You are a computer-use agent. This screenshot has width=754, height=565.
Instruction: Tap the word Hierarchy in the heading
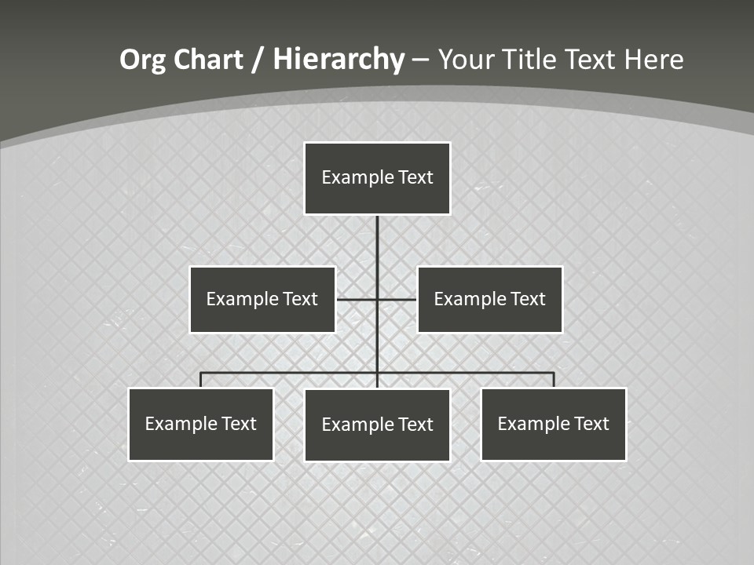click(339, 60)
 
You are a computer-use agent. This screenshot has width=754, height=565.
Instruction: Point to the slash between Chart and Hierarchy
click(258, 60)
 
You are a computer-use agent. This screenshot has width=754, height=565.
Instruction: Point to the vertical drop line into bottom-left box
click(201, 380)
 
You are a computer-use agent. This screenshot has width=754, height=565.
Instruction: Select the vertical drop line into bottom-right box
click(554, 380)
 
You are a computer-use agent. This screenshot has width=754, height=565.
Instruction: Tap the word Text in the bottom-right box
click(591, 424)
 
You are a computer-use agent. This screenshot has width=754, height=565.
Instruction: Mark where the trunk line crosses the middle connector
click(377, 299)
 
